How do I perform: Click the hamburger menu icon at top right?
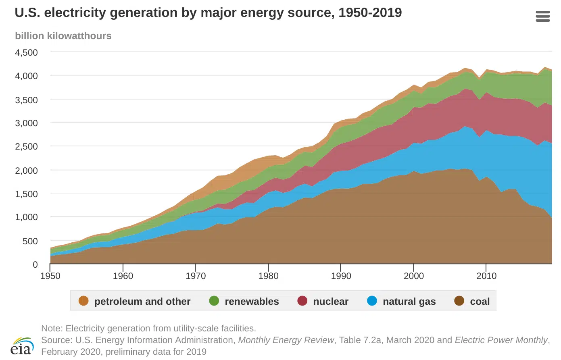542,16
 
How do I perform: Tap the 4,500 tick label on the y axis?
27,53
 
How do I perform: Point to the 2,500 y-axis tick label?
27,147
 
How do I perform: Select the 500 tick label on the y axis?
30,241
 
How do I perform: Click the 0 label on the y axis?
35,265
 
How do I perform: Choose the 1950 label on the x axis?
50,276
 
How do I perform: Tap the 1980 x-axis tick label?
268,276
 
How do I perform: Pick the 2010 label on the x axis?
486,276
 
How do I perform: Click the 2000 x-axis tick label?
414,276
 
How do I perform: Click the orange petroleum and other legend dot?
83,301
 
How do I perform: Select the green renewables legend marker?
214,301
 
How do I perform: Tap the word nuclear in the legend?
331,302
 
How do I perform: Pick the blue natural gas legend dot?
372,301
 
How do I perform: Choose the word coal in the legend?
480,302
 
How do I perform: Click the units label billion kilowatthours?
63,36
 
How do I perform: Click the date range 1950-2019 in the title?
370,13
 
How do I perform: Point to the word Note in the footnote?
52,329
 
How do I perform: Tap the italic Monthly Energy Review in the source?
286,340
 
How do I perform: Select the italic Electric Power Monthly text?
501,340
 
